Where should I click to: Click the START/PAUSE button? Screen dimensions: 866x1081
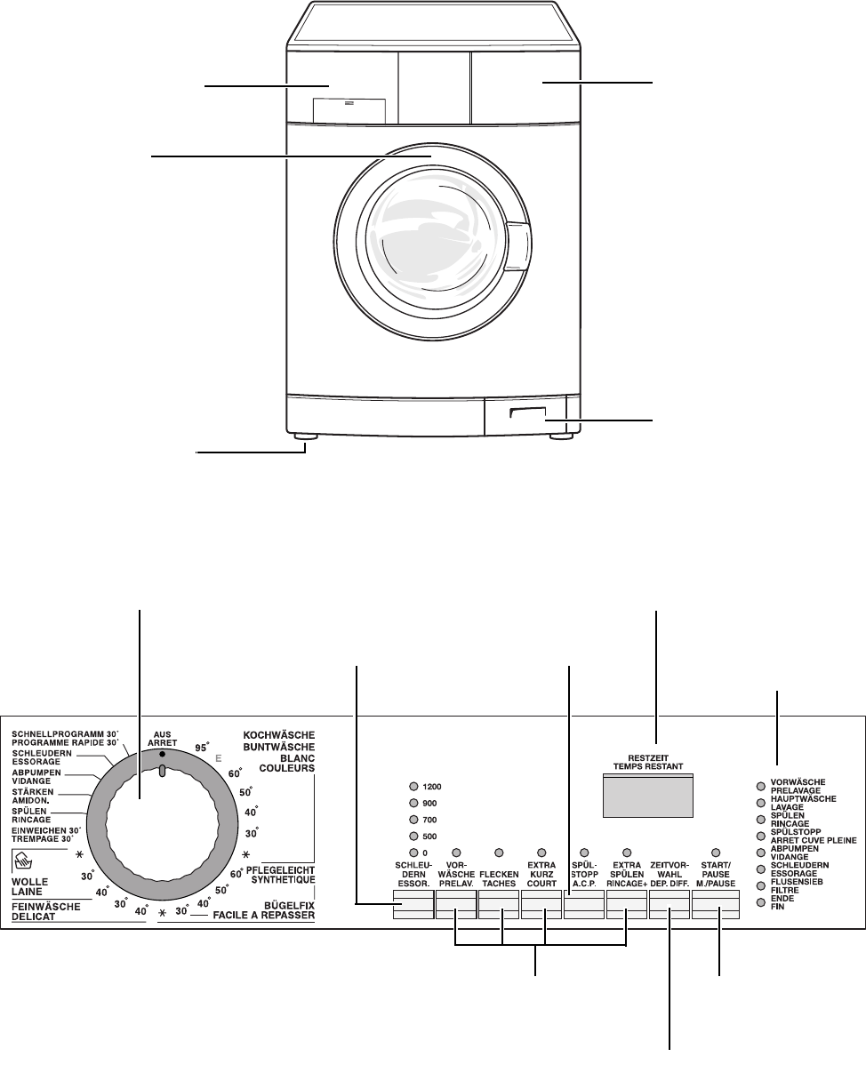(x=716, y=905)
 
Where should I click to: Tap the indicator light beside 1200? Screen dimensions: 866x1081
(x=414, y=787)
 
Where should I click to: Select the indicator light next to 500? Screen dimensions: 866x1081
(x=414, y=837)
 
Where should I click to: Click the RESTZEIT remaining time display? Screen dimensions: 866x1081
(x=648, y=796)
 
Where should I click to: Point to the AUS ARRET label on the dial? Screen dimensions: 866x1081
(x=162, y=739)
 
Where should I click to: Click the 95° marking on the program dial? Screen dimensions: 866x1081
(x=202, y=748)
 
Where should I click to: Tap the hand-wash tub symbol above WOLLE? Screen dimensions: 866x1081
(x=23, y=861)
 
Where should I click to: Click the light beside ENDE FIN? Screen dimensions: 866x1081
(x=761, y=902)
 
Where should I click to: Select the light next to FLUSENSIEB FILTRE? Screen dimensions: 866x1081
(x=761, y=886)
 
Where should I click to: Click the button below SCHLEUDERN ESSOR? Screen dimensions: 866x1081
(x=413, y=905)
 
